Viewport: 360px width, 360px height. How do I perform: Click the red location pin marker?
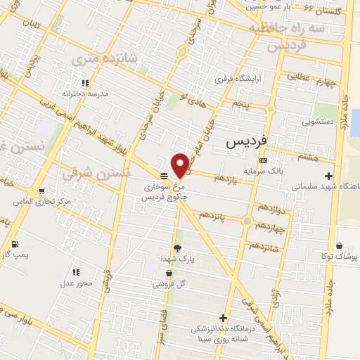181,165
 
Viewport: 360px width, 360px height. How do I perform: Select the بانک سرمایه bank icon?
263,160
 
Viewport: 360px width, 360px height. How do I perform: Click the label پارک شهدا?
176,259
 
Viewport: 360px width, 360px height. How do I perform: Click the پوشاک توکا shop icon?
340,246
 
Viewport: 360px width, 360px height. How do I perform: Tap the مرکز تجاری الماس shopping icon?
42,191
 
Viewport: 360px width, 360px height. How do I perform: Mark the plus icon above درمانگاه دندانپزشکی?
224,319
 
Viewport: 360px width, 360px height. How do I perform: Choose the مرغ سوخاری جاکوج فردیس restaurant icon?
163,176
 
